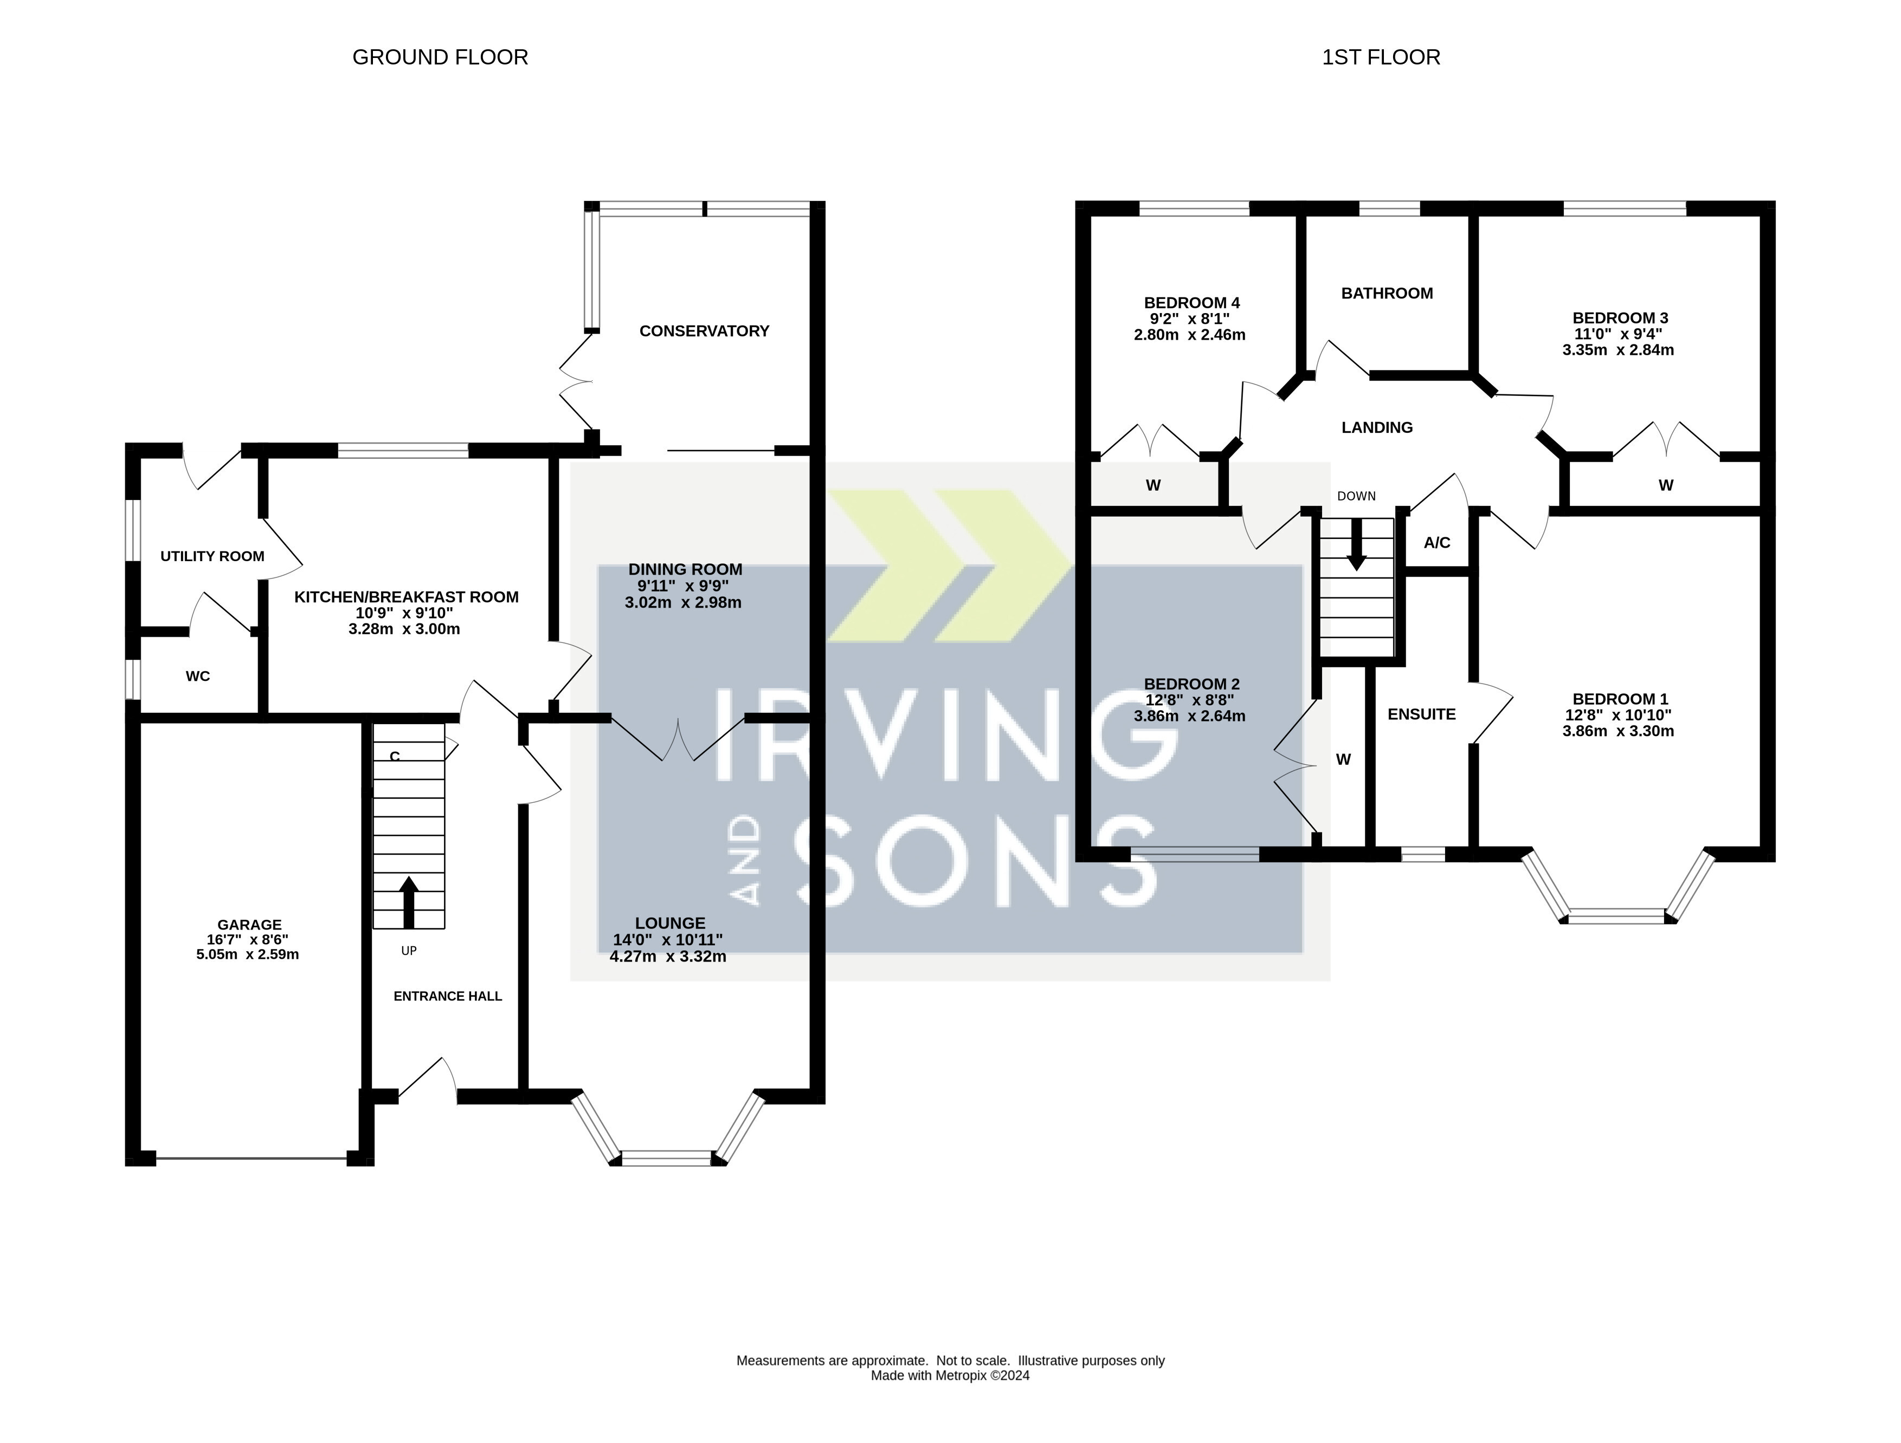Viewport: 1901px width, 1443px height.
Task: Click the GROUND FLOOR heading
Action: (440, 57)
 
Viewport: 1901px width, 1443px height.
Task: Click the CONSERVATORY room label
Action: (704, 330)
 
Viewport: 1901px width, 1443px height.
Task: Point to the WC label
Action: (198, 676)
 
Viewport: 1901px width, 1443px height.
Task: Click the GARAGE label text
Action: (249, 924)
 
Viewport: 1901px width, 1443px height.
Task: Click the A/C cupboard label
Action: (1437, 543)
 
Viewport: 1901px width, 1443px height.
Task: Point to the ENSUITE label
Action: (1421, 714)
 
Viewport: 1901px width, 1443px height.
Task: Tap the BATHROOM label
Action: (1387, 293)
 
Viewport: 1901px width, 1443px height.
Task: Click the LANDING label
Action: (1377, 427)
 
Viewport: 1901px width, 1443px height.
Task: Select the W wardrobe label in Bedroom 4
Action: (1154, 485)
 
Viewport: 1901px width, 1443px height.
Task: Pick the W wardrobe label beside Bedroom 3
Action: (1666, 485)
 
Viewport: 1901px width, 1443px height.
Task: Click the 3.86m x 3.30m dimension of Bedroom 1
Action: (1618, 731)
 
